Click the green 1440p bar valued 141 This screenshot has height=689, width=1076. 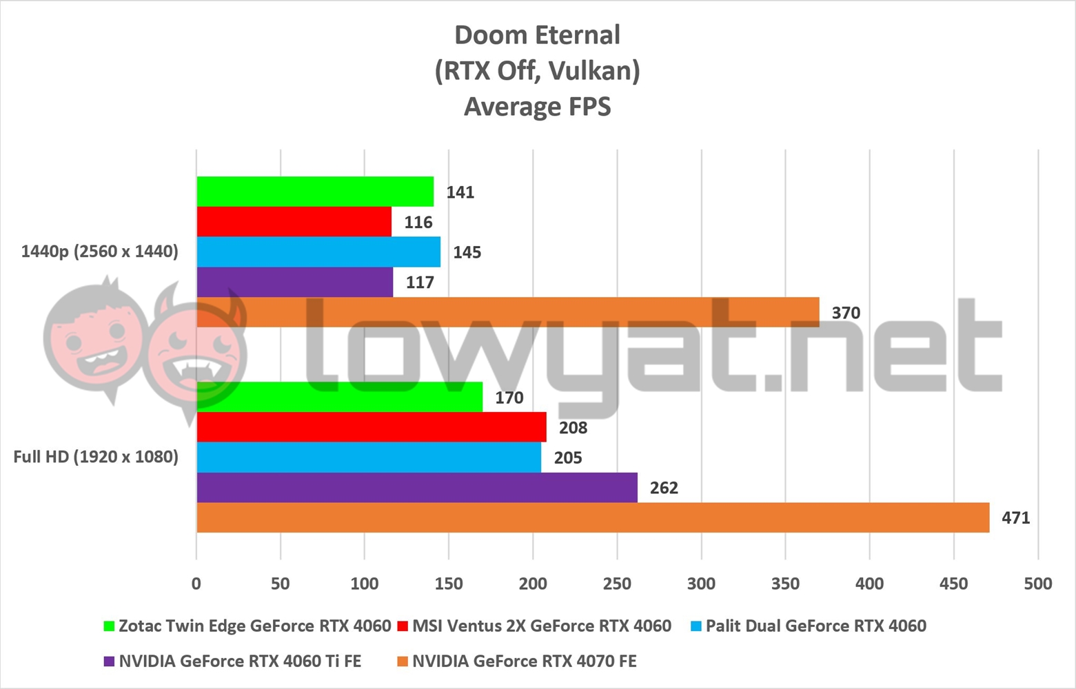tap(315, 192)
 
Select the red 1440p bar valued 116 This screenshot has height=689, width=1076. tap(294, 222)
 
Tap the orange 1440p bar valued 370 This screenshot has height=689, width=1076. tap(508, 312)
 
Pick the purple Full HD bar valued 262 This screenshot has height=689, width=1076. tap(417, 488)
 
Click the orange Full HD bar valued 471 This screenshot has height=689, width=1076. tap(593, 517)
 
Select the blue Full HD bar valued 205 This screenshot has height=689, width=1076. tap(369, 457)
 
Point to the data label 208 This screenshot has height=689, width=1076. tap(573, 428)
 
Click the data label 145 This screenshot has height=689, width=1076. tap(467, 252)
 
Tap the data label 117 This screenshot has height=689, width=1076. tap(420, 282)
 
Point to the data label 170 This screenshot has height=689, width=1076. tap(509, 398)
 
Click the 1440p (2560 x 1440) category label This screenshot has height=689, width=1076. tap(99, 251)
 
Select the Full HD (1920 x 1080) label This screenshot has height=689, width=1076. tap(96, 457)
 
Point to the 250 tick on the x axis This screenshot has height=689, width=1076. tap(617, 584)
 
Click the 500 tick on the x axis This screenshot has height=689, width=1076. tap(1037, 584)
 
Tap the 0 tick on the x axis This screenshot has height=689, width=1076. tap(196, 584)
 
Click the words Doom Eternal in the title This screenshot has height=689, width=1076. tap(537, 35)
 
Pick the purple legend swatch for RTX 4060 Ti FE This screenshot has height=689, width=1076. tap(109, 661)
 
